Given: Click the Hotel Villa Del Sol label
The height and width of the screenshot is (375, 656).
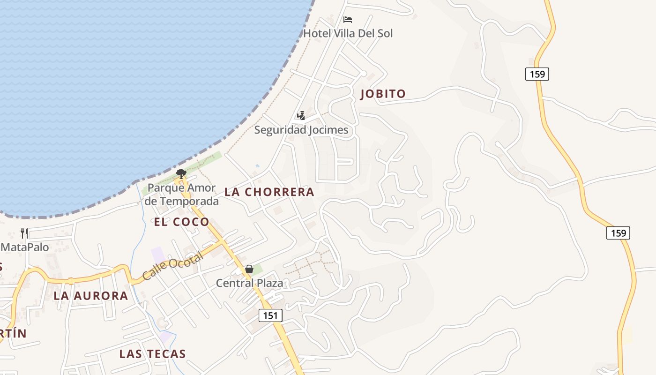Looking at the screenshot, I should tap(348, 33).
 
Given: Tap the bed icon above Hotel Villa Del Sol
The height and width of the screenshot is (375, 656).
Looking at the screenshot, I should tap(348, 20).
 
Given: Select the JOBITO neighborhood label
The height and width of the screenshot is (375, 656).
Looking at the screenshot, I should tap(383, 94).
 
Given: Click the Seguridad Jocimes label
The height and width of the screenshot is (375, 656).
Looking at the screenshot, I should tap(301, 130).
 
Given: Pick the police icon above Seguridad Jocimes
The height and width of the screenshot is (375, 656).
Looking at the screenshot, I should tap(301, 115).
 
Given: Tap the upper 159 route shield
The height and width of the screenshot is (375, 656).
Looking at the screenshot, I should tap(537, 74).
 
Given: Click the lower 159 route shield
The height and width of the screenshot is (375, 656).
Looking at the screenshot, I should tap(618, 233).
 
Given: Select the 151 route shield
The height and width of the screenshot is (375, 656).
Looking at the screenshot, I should tap(270, 315).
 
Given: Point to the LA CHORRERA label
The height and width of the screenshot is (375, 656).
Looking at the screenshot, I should tap(269, 192).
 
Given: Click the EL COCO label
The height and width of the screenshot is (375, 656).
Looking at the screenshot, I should tap(181, 222).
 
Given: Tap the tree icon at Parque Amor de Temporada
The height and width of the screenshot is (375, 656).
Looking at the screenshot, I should tap(181, 174).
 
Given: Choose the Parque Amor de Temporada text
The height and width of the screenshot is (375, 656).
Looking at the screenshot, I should tap(182, 195).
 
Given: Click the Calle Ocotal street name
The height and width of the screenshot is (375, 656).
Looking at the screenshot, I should tap(172, 266).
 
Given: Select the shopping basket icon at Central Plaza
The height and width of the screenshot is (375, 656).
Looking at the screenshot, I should tap(249, 269).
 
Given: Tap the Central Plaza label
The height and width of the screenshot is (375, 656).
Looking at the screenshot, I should tap(249, 283).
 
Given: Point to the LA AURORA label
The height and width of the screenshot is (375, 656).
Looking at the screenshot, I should tap(90, 296).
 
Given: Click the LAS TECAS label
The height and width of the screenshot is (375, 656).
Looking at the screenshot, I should tap(152, 354).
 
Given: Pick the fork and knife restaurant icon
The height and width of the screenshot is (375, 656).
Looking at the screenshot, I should tap(24, 233).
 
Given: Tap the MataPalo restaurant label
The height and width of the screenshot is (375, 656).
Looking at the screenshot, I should tap(25, 247).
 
